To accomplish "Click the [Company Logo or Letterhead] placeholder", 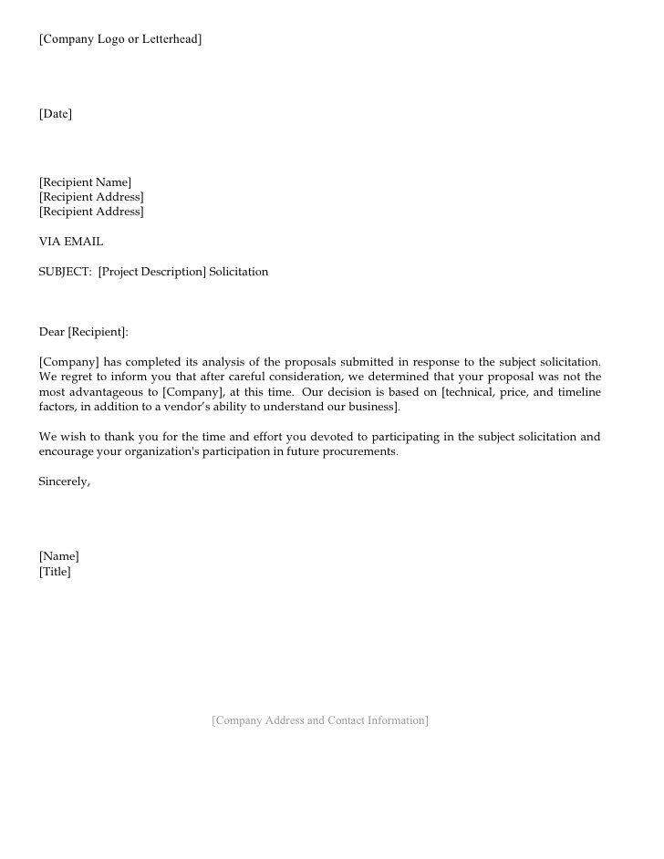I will point(119,39).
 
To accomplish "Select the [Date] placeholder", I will point(55,114).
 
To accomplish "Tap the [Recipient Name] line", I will point(85,182).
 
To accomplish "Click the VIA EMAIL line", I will point(70,242).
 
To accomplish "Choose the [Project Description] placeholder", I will point(152,272).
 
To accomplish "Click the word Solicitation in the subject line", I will point(239,272).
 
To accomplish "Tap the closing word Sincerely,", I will point(64,481).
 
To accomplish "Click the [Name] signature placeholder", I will point(58,556).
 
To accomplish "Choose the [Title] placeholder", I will point(55,572).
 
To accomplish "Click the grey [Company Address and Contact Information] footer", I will point(319,720).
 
